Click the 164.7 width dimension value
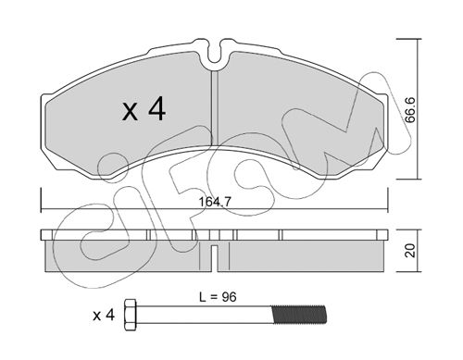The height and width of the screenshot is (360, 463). click(215, 202)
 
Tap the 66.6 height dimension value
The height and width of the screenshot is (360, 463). click(410, 110)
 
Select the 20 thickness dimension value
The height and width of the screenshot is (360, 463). click(410, 251)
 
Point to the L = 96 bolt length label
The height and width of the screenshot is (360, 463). click(218, 297)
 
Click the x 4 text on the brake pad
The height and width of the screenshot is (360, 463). click(144, 108)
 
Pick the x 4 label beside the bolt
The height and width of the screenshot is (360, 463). click(104, 316)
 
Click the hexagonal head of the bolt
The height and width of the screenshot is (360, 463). click(130, 315)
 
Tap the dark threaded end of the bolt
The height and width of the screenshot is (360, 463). click(298, 315)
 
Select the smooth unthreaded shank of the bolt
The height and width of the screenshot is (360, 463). click(204, 315)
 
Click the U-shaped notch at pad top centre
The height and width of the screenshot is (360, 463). click(215, 53)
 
